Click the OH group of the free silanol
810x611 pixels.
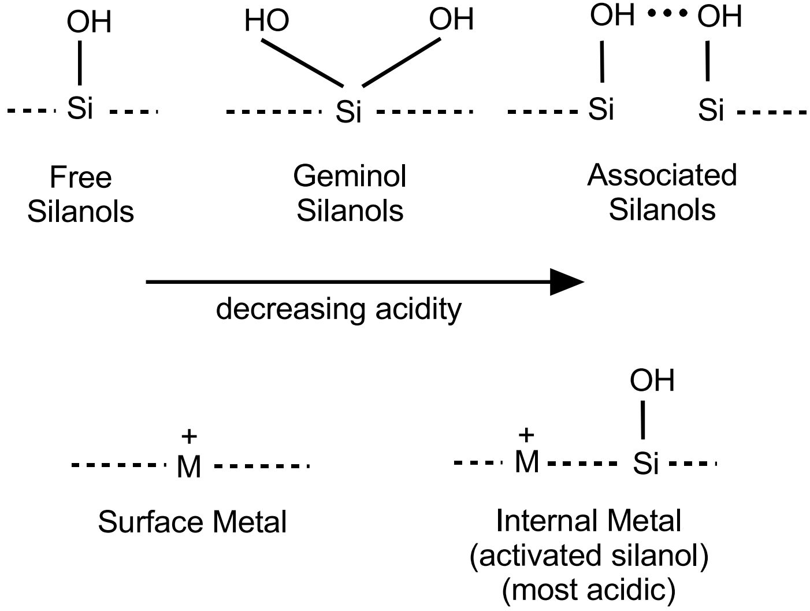pyautogui.click(x=88, y=22)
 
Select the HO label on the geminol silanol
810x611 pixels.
pyautogui.click(x=266, y=21)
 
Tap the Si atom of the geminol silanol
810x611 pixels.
pyautogui.click(x=348, y=111)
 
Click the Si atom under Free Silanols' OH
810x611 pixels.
pyautogui.click(x=80, y=108)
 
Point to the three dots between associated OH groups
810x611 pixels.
pyautogui.click(x=667, y=15)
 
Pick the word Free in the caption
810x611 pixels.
pyautogui.click(x=80, y=177)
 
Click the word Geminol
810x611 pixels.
pyautogui.click(x=350, y=176)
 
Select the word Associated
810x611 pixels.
pyautogui.click(x=662, y=175)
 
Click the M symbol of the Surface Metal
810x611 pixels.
pyautogui.click(x=189, y=466)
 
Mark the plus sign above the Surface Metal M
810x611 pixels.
pyautogui.click(x=189, y=436)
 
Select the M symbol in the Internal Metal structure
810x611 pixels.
pyautogui.click(x=526, y=462)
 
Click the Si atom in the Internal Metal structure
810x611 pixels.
pyautogui.click(x=645, y=464)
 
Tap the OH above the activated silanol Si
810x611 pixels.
pyautogui.click(x=652, y=380)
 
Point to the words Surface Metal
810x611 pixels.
pyautogui.click(x=192, y=522)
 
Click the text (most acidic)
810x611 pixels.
pyautogui.click(x=589, y=590)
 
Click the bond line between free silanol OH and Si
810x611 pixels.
pyautogui.click(x=80, y=64)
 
